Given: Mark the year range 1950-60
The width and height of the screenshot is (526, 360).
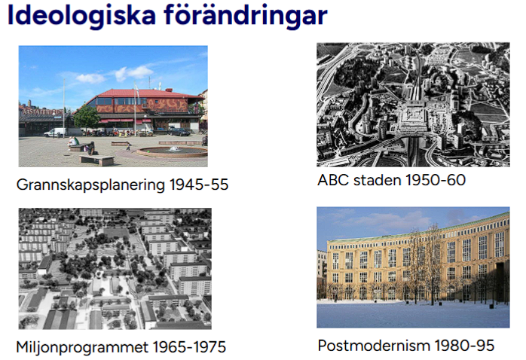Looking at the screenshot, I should point(435,180).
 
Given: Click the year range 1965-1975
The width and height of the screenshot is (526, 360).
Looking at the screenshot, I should point(188,347).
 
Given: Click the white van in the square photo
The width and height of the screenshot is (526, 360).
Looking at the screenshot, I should point(54,133).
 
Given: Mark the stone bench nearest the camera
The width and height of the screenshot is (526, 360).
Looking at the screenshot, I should point(97,160).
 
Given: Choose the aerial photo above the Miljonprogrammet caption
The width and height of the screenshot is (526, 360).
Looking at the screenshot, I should point(115,269).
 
